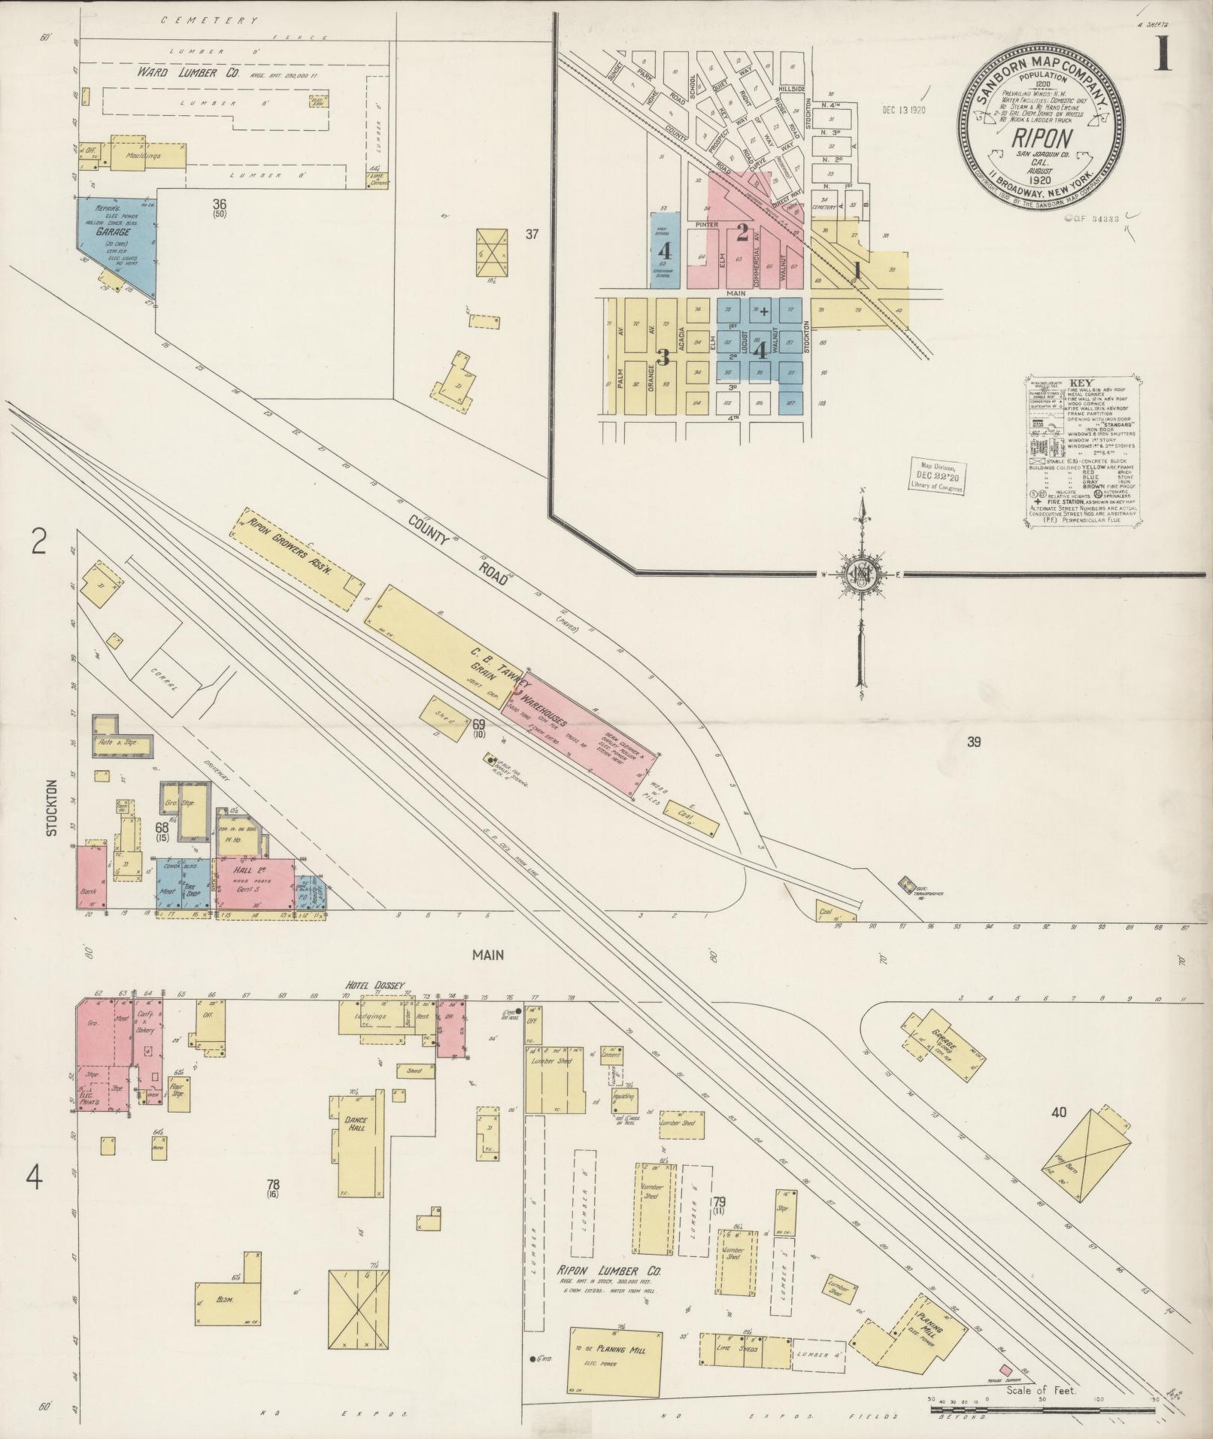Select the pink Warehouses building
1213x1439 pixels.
(579, 730)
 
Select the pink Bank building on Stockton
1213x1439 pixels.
(91, 877)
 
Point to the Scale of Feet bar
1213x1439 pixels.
(1042, 1405)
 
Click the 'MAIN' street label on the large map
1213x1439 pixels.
(487, 955)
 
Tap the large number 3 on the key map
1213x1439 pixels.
(663, 357)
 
